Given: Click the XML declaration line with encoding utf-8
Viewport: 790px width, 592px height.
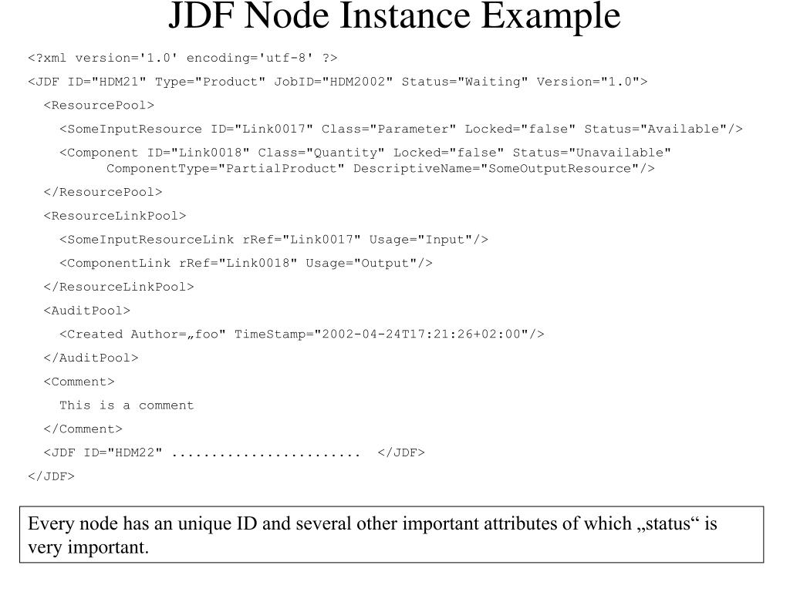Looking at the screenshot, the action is (x=183, y=58).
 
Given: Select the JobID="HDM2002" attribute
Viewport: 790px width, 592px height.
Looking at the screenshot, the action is (x=333, y=82).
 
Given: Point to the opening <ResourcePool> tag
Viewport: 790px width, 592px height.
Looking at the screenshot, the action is (x=99, y=106).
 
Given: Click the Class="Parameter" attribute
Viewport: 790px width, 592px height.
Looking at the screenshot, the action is (x=389, y=129).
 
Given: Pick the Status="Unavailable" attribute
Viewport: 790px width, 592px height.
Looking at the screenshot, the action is (x=592, y=153).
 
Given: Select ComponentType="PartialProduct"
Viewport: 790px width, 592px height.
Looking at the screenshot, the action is (x=225, y=168).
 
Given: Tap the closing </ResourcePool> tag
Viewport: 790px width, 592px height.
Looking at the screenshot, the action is (x=103, y=192).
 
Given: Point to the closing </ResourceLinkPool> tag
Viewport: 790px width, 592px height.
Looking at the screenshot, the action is (x=119, y=287).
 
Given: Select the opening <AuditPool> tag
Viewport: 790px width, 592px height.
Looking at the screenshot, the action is (x=87, y=311).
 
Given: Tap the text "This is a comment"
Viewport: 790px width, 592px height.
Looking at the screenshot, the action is (x=127, y=405).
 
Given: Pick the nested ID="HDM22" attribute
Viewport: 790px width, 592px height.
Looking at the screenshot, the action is (x=123, y=453).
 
